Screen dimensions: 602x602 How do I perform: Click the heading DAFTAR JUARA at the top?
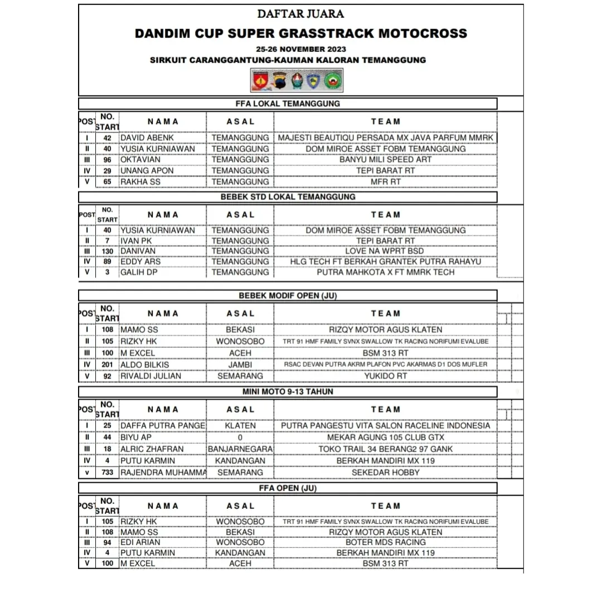point(300,14)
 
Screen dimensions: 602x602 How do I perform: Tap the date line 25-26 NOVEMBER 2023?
point(300,48)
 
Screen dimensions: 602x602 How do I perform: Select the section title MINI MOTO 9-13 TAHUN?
point(288,392)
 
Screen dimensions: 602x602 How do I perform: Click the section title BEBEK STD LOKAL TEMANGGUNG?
point(288,197)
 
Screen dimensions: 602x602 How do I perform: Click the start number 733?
point(108,473)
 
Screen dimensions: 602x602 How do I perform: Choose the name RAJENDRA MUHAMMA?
point(163,473)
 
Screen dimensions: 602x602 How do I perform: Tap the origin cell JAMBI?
point(240,365)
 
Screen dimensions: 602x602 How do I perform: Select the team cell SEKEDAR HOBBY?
point(385,473)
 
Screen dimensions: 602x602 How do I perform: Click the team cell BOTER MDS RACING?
point(385,542)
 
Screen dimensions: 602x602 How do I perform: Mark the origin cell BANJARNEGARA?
point(240,449)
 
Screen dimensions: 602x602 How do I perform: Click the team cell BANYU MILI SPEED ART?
point(385,159)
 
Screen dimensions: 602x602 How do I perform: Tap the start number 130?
point(108,251)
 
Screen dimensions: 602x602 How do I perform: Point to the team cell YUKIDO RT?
point(385,376)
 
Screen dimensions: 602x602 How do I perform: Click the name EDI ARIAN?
point(140,542)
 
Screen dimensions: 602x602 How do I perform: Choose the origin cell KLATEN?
point(240,426)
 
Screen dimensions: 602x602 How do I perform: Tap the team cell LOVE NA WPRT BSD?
point(385,251)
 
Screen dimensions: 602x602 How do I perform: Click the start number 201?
point(108,365)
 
